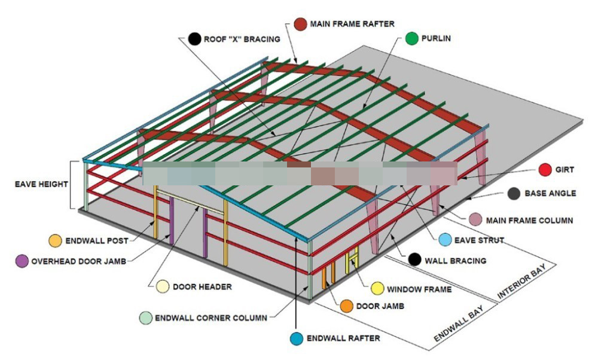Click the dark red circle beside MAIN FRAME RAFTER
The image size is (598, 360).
(x=301, y=24)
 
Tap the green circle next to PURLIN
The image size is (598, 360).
(x=411, y=38)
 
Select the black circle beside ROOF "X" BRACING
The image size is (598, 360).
(x=194, y=39)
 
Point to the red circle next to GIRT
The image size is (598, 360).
(x=545, y=170)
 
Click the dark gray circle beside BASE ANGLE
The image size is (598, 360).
(x=514, y=194)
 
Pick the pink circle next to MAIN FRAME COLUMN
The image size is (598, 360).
(x=475, y=219)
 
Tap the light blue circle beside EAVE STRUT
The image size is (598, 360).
(x=445, y=240)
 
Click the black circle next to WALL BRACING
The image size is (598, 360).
(x=414, y=260)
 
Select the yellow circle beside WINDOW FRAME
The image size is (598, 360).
(x=377, y=289)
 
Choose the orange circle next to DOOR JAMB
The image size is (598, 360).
(x=347, y=306)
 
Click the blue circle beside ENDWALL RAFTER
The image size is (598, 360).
(x=297, y=338)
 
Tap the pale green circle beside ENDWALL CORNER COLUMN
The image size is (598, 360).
(x=145, y=318)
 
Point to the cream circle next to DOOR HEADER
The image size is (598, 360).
(x=163, y=287)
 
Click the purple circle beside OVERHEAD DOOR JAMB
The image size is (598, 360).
(x=22, y=261)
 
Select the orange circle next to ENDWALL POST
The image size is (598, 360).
(x=55, y=240)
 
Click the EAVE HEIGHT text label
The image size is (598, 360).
(x=41, y=184)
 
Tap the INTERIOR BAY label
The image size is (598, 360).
(x=521, y=281)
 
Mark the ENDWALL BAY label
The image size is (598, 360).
(x=459, y=323)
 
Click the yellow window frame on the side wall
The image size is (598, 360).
(x=353, y=260)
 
